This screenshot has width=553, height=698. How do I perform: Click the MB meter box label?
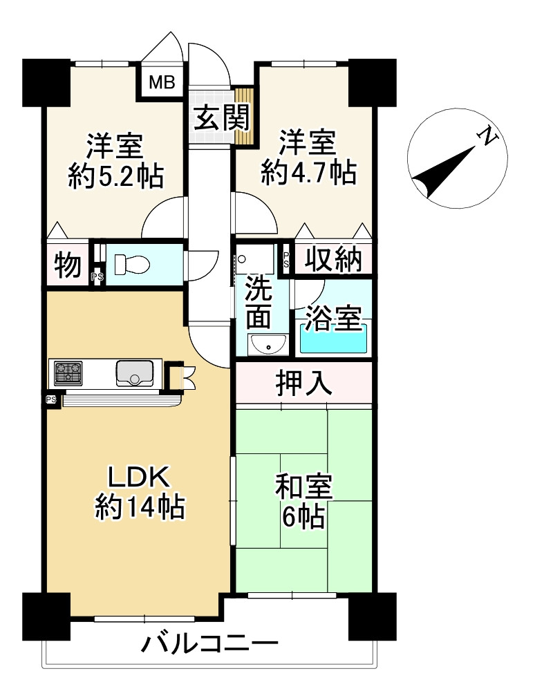point(162,82)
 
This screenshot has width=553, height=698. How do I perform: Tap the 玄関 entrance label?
point(222,117)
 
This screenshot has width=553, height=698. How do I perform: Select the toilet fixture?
point(131,265)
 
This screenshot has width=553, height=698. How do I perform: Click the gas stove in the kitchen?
point(68,372)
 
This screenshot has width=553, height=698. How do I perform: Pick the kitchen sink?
point(135,373)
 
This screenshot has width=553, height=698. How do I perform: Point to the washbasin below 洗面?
point(267,345)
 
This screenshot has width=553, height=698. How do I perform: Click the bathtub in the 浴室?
point(333,339)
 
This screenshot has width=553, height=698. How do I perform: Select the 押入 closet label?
point(304,383)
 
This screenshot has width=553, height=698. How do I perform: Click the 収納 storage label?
point(333,258)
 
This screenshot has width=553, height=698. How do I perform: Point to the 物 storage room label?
point(68,265)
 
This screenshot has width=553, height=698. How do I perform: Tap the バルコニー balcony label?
point(209,643)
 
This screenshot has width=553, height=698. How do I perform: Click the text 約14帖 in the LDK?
point(140,507)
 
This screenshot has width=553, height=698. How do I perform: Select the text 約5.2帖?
point(116,176)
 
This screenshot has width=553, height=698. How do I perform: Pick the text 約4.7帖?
point(309,173)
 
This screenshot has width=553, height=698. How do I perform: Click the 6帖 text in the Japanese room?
point(303,516)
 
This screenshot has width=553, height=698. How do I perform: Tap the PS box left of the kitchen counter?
point(51,399)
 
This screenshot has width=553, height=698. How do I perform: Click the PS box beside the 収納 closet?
point(286,259)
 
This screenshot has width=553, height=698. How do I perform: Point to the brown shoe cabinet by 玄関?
point(245,115)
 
